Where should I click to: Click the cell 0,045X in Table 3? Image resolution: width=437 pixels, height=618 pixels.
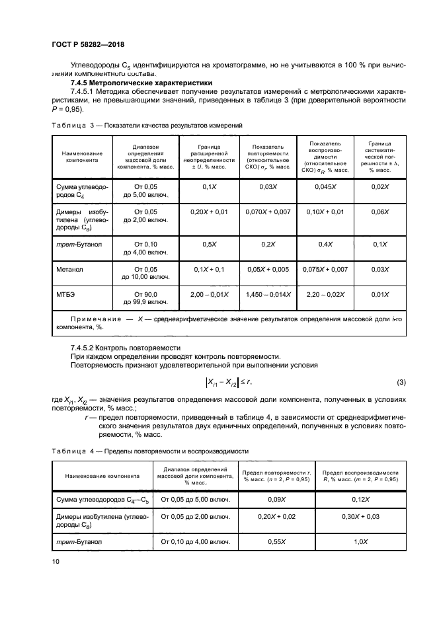pyautogui.click(x=325, y=187)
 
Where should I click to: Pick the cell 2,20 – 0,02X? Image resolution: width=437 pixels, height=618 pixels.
pyautogui.click(x=325, y=293)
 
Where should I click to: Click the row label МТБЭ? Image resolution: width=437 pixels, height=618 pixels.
pyautogui.click(x=66, y=293)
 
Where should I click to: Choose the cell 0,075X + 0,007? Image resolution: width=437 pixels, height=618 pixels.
pyautogui.click(x=325, y=270)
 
